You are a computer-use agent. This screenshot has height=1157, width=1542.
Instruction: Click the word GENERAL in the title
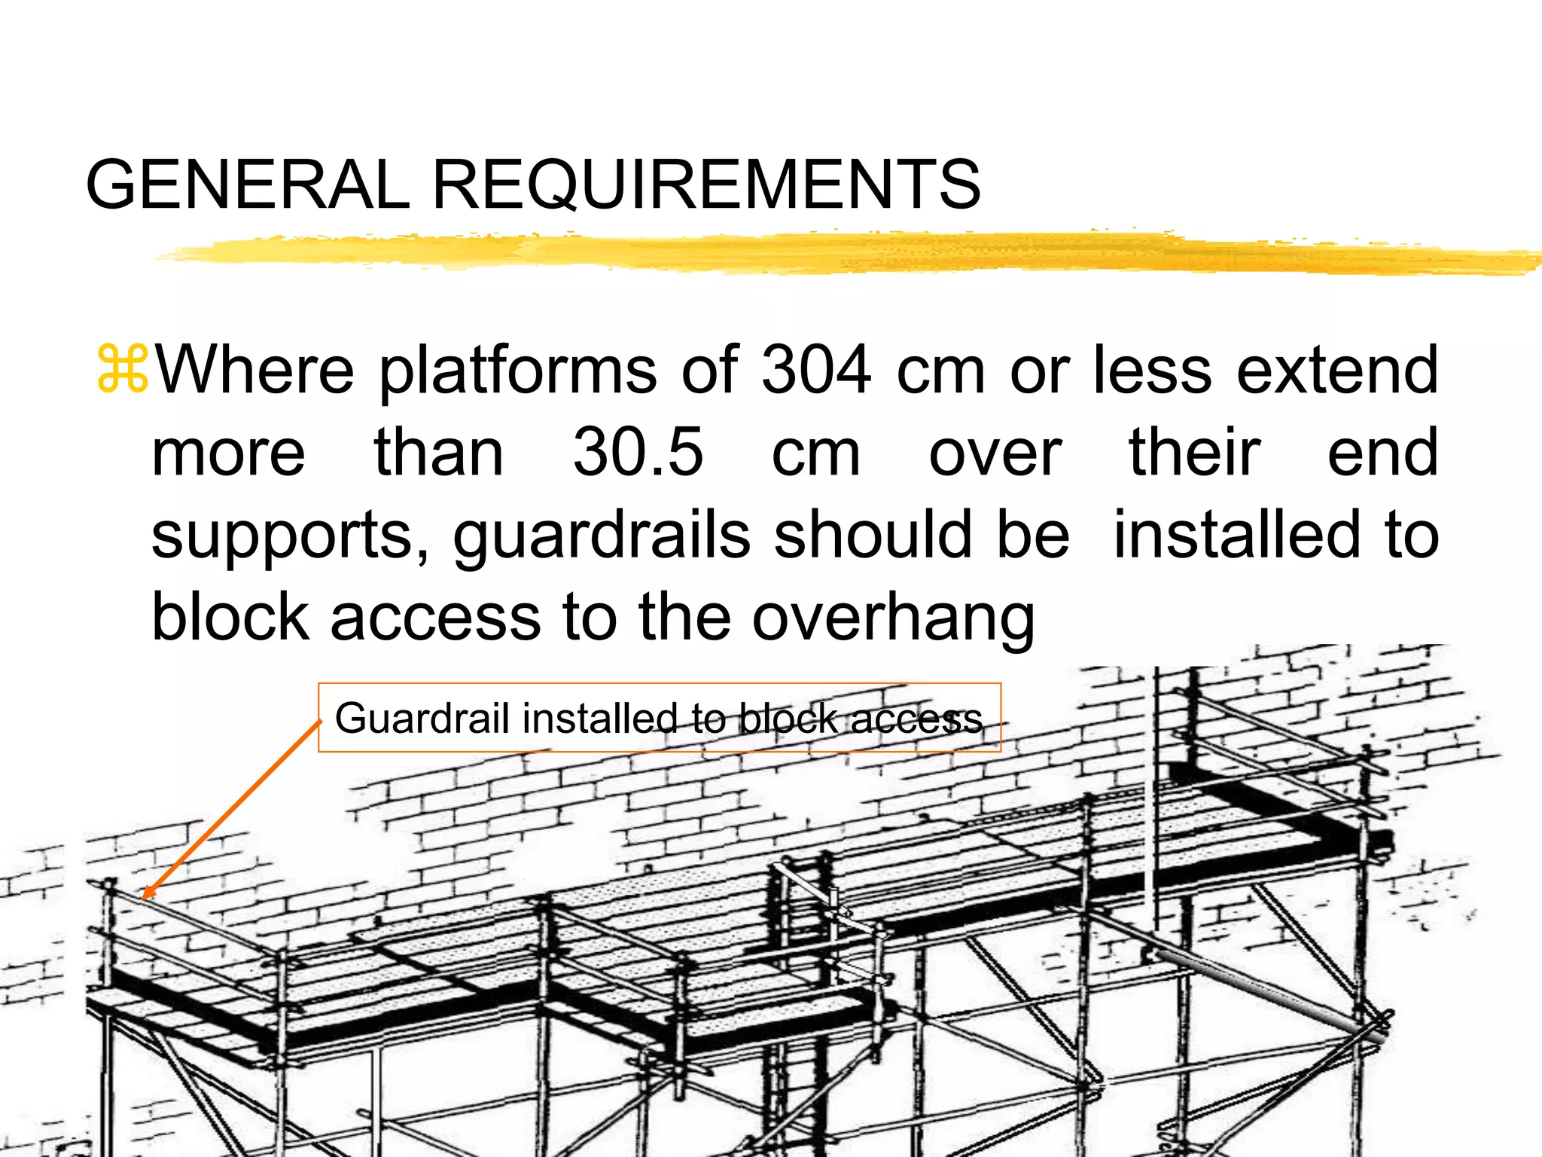(x=248, y=185)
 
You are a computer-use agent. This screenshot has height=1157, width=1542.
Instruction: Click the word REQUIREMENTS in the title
(x=706, y=185)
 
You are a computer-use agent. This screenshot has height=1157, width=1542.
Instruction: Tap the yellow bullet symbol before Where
(x=123, y=369)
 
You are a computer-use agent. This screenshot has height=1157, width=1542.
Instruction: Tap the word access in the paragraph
(x=435, y=618)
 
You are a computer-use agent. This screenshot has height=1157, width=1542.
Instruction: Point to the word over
(x=995, y=453)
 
